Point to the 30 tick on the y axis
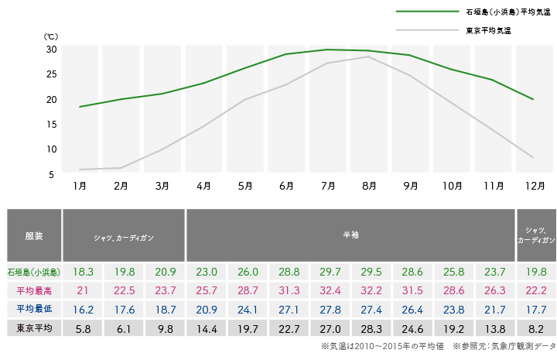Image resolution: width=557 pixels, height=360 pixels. tap(51, 49)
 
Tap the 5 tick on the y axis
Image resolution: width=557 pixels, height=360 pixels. tap(51, 174)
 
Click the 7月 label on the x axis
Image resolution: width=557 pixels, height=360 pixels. tap(327, 187)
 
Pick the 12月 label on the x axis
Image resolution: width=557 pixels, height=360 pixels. tap(535, 187)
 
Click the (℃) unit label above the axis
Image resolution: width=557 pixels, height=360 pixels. tap(50, 36)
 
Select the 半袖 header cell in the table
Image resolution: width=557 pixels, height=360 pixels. tap(350, 235)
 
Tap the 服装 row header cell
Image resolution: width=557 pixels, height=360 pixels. tap(34, 235)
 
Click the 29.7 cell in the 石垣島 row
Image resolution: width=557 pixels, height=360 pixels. tap(330, 272)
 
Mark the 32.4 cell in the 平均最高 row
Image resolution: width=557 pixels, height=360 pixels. tap(330, 290)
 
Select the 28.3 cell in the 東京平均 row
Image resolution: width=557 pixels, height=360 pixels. tap(371, 328)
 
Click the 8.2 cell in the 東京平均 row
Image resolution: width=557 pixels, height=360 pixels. tap(535, 328)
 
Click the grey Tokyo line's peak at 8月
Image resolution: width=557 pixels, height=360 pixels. tap(369, 57)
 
